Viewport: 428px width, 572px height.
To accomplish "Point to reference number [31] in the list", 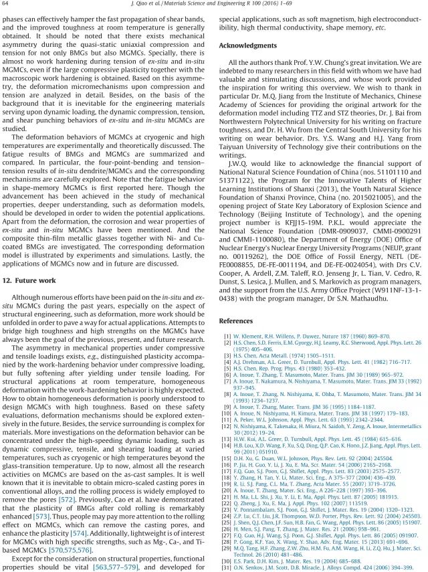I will click(x=227, y=568).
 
